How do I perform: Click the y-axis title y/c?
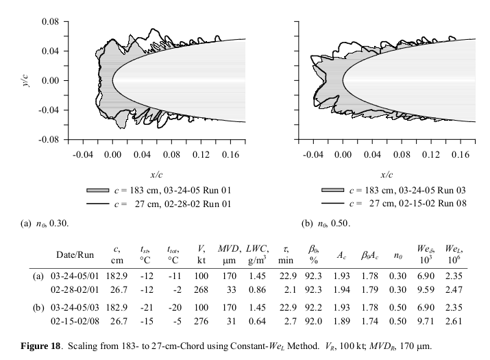click(x=25, y=80)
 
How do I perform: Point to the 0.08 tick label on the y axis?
click(x=49, y=22)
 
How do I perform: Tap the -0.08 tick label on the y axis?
click(x=47, y=139)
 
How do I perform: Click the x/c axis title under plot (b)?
click(x=387, y=174)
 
